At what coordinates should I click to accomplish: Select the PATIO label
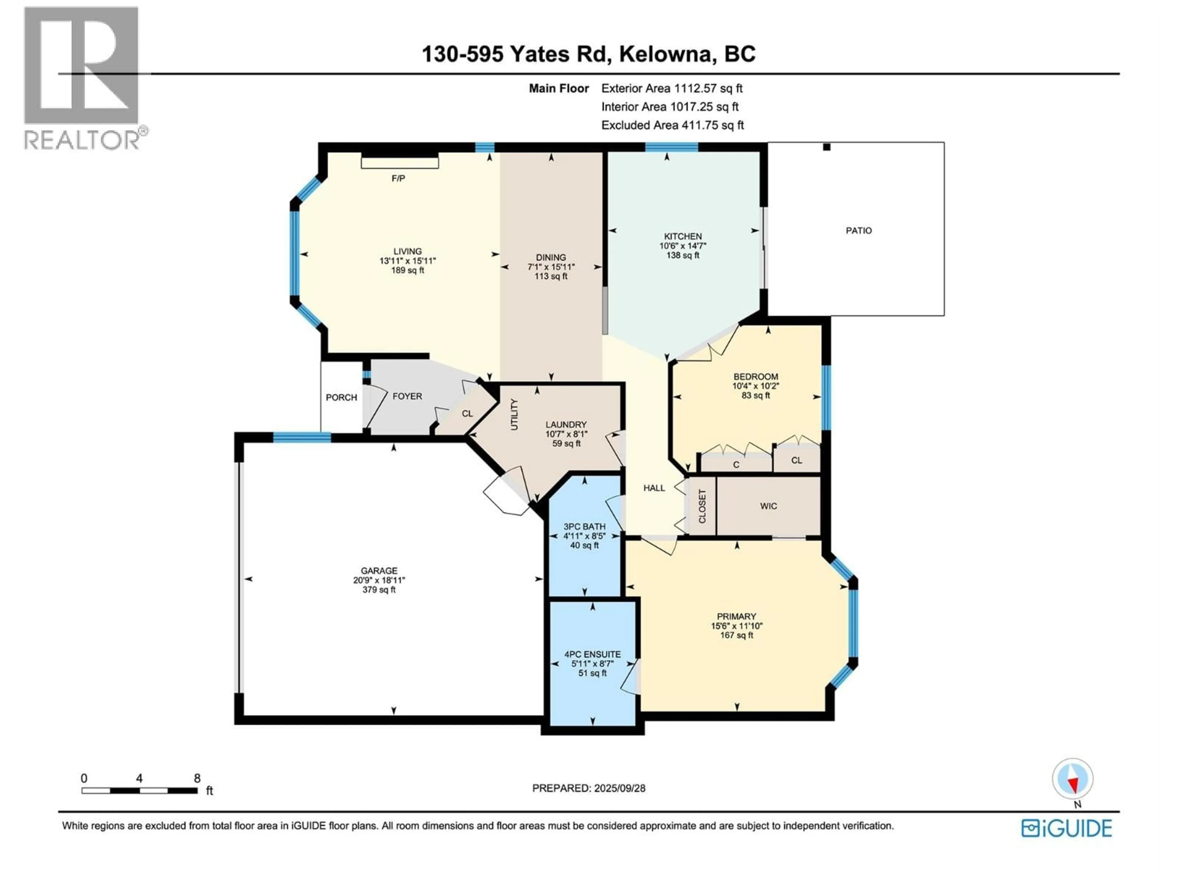click(x=858, y=231)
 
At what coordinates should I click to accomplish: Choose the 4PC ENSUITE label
click(x=592, y=655)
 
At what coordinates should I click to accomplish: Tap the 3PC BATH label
click(x=584, y=526)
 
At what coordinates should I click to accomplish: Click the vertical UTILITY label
click(x=514, y=415)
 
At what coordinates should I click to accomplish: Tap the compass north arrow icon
click(x=1072, y=779)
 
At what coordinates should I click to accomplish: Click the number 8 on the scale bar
click(x=197, y=778)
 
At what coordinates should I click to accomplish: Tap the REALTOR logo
click(x=83, y=77)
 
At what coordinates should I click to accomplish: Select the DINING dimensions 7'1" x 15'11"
click(x=551, y=267)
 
